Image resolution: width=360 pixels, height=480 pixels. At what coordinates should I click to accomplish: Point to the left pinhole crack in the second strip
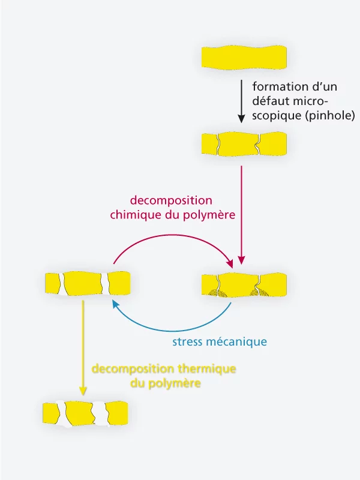(218, 145)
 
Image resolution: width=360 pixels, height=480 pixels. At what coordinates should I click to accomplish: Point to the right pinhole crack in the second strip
(257, 145)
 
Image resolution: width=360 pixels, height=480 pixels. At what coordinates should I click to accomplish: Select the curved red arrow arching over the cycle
(174, 238)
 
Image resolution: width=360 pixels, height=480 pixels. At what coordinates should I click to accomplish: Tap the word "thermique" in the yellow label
(206, 368)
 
